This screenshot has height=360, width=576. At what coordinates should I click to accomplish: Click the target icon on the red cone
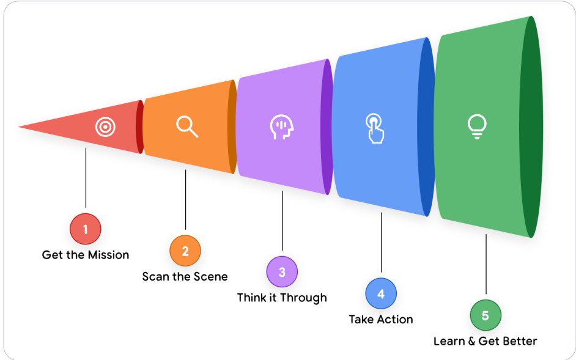(x=105, y=127)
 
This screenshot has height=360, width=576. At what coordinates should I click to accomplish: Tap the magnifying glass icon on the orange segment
(x=186, y=126)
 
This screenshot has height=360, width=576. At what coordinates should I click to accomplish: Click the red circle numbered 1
(x=86, y=229)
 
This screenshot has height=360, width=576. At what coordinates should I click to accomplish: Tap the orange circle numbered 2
(x=185, y=251)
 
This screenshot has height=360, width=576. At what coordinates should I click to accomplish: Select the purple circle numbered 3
(x=282, y=272)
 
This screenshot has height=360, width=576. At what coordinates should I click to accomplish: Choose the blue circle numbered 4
(x=381, y=293)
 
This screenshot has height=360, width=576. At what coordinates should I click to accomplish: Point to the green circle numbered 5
(x=486, y=315)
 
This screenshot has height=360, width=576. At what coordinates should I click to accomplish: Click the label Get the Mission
(x=86, y=255)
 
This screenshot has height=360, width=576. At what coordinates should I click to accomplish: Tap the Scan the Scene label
(x=185, y=276)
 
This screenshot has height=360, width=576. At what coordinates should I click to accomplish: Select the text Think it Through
(x=282, y=298)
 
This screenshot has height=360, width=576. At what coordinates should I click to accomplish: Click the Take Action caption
(x=381, y=319)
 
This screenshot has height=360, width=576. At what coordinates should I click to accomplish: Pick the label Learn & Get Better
(x=486, y=341)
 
